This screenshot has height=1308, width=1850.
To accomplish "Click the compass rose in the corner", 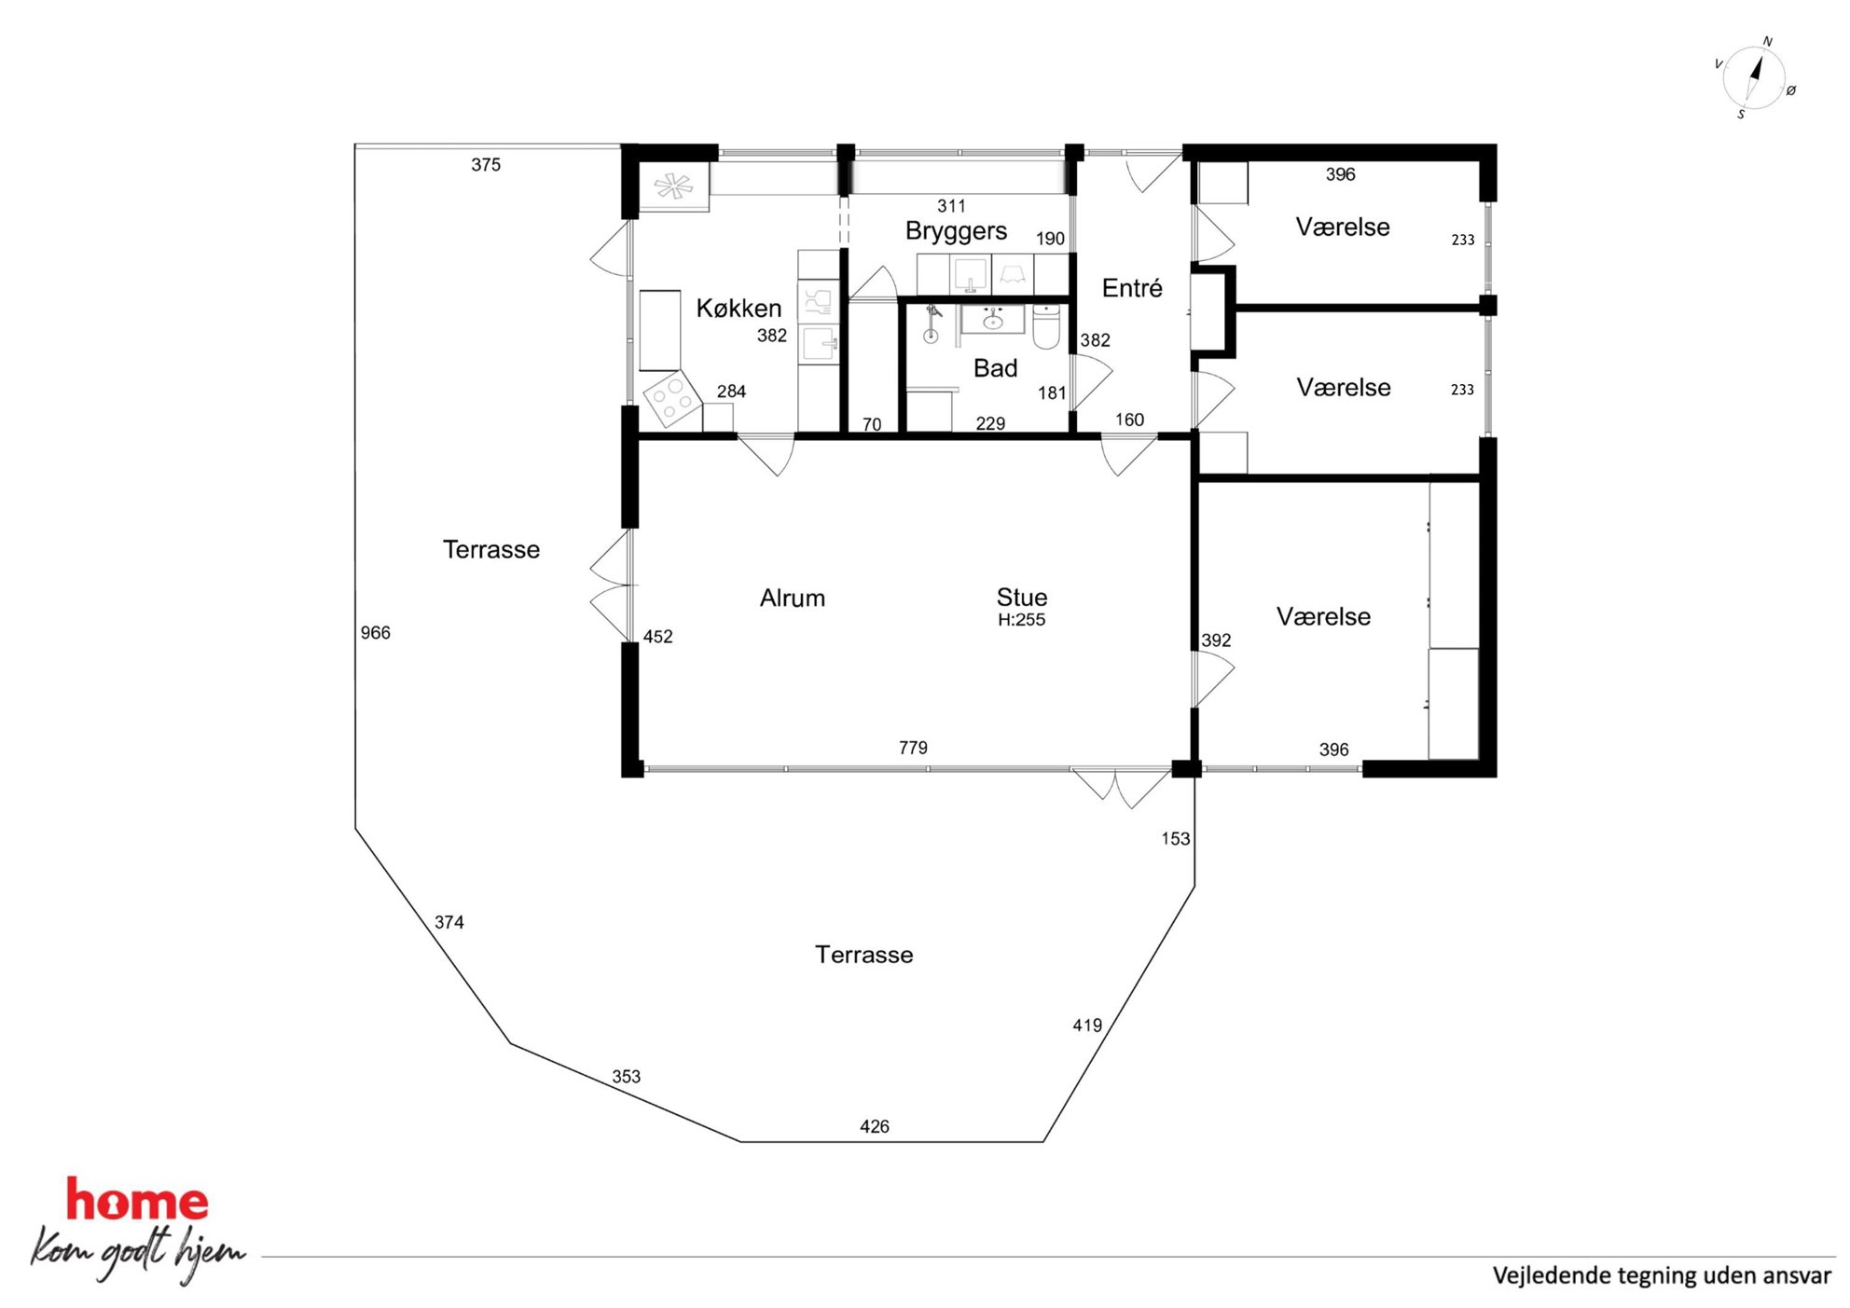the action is pyautogui.click(x=1754, y=77).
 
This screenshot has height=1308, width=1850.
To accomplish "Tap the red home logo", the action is pyautogui.click(x=137, y=1200).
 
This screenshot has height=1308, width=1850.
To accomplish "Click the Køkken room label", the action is pyautogui.click(x=739, y=308).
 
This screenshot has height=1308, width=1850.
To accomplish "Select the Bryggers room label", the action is pyautogui.click(x=956, y=231).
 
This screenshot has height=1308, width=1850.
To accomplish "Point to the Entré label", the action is pyautogui.click(x=1132, y=288).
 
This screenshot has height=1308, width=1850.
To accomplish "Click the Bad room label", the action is pyautogui.click(x=995, y=368).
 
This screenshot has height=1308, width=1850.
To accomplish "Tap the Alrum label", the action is pyautogui.click(x=793, y=598).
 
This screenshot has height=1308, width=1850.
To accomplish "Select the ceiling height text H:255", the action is pyautogui.click(x=1021, y=620).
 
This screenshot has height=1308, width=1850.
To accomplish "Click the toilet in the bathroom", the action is pyautogui.click(x=1046, y=326).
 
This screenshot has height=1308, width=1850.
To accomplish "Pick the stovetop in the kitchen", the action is pyautogui.click(x=672, y=399).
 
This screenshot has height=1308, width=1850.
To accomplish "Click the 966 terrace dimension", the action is pyautogui.click(x=375, y=633).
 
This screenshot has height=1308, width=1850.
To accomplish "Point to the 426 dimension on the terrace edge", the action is pyautogui.click(x=875, y=1126).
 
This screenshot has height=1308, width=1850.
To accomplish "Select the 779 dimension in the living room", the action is pyautogui.click(x=913, y=748).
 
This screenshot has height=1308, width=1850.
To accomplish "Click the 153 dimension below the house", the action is pyautogui.click(x=1175, y=839).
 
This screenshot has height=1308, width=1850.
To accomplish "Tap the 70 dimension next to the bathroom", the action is pyautogui.click(x=872, y=425).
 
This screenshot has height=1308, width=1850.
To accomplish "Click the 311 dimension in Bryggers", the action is pyautogui.click(x=951, y=206).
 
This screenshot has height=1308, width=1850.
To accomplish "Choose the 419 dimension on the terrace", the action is pyautogui.click(x=1087, y=1026).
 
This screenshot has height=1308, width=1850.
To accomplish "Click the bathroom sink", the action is pyautogui.click(x=993, y=320).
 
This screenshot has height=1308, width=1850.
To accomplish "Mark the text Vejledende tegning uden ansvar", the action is pyautogui.click(x=1662, y=1275).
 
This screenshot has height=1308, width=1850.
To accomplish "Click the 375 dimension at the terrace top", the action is pyautogui.click(x=486, y=165).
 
